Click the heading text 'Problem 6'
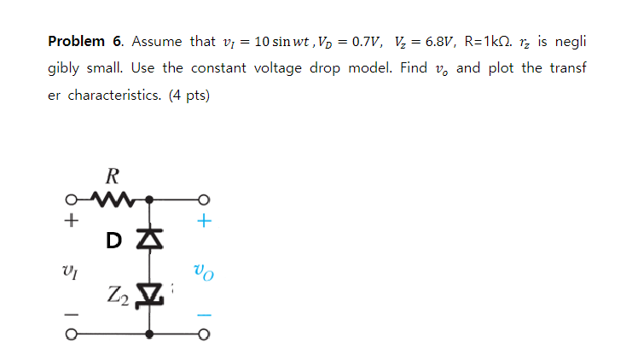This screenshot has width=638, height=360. click(85, 42)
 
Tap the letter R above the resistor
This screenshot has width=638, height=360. click(113, 177)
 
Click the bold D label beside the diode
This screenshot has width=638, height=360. click(114, 241)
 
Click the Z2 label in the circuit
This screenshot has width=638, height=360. click(119, 298)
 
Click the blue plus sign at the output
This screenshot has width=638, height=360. click(202, 223)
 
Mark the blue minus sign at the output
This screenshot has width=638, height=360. click(202, 315)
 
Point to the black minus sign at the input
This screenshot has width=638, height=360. click(72, 315)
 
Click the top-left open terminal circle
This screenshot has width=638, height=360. click(72, 201)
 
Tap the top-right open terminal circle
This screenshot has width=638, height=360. click(203, 201)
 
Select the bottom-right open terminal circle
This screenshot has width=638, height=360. click(203, 335)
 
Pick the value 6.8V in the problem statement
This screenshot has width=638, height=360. click(433, 42)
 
